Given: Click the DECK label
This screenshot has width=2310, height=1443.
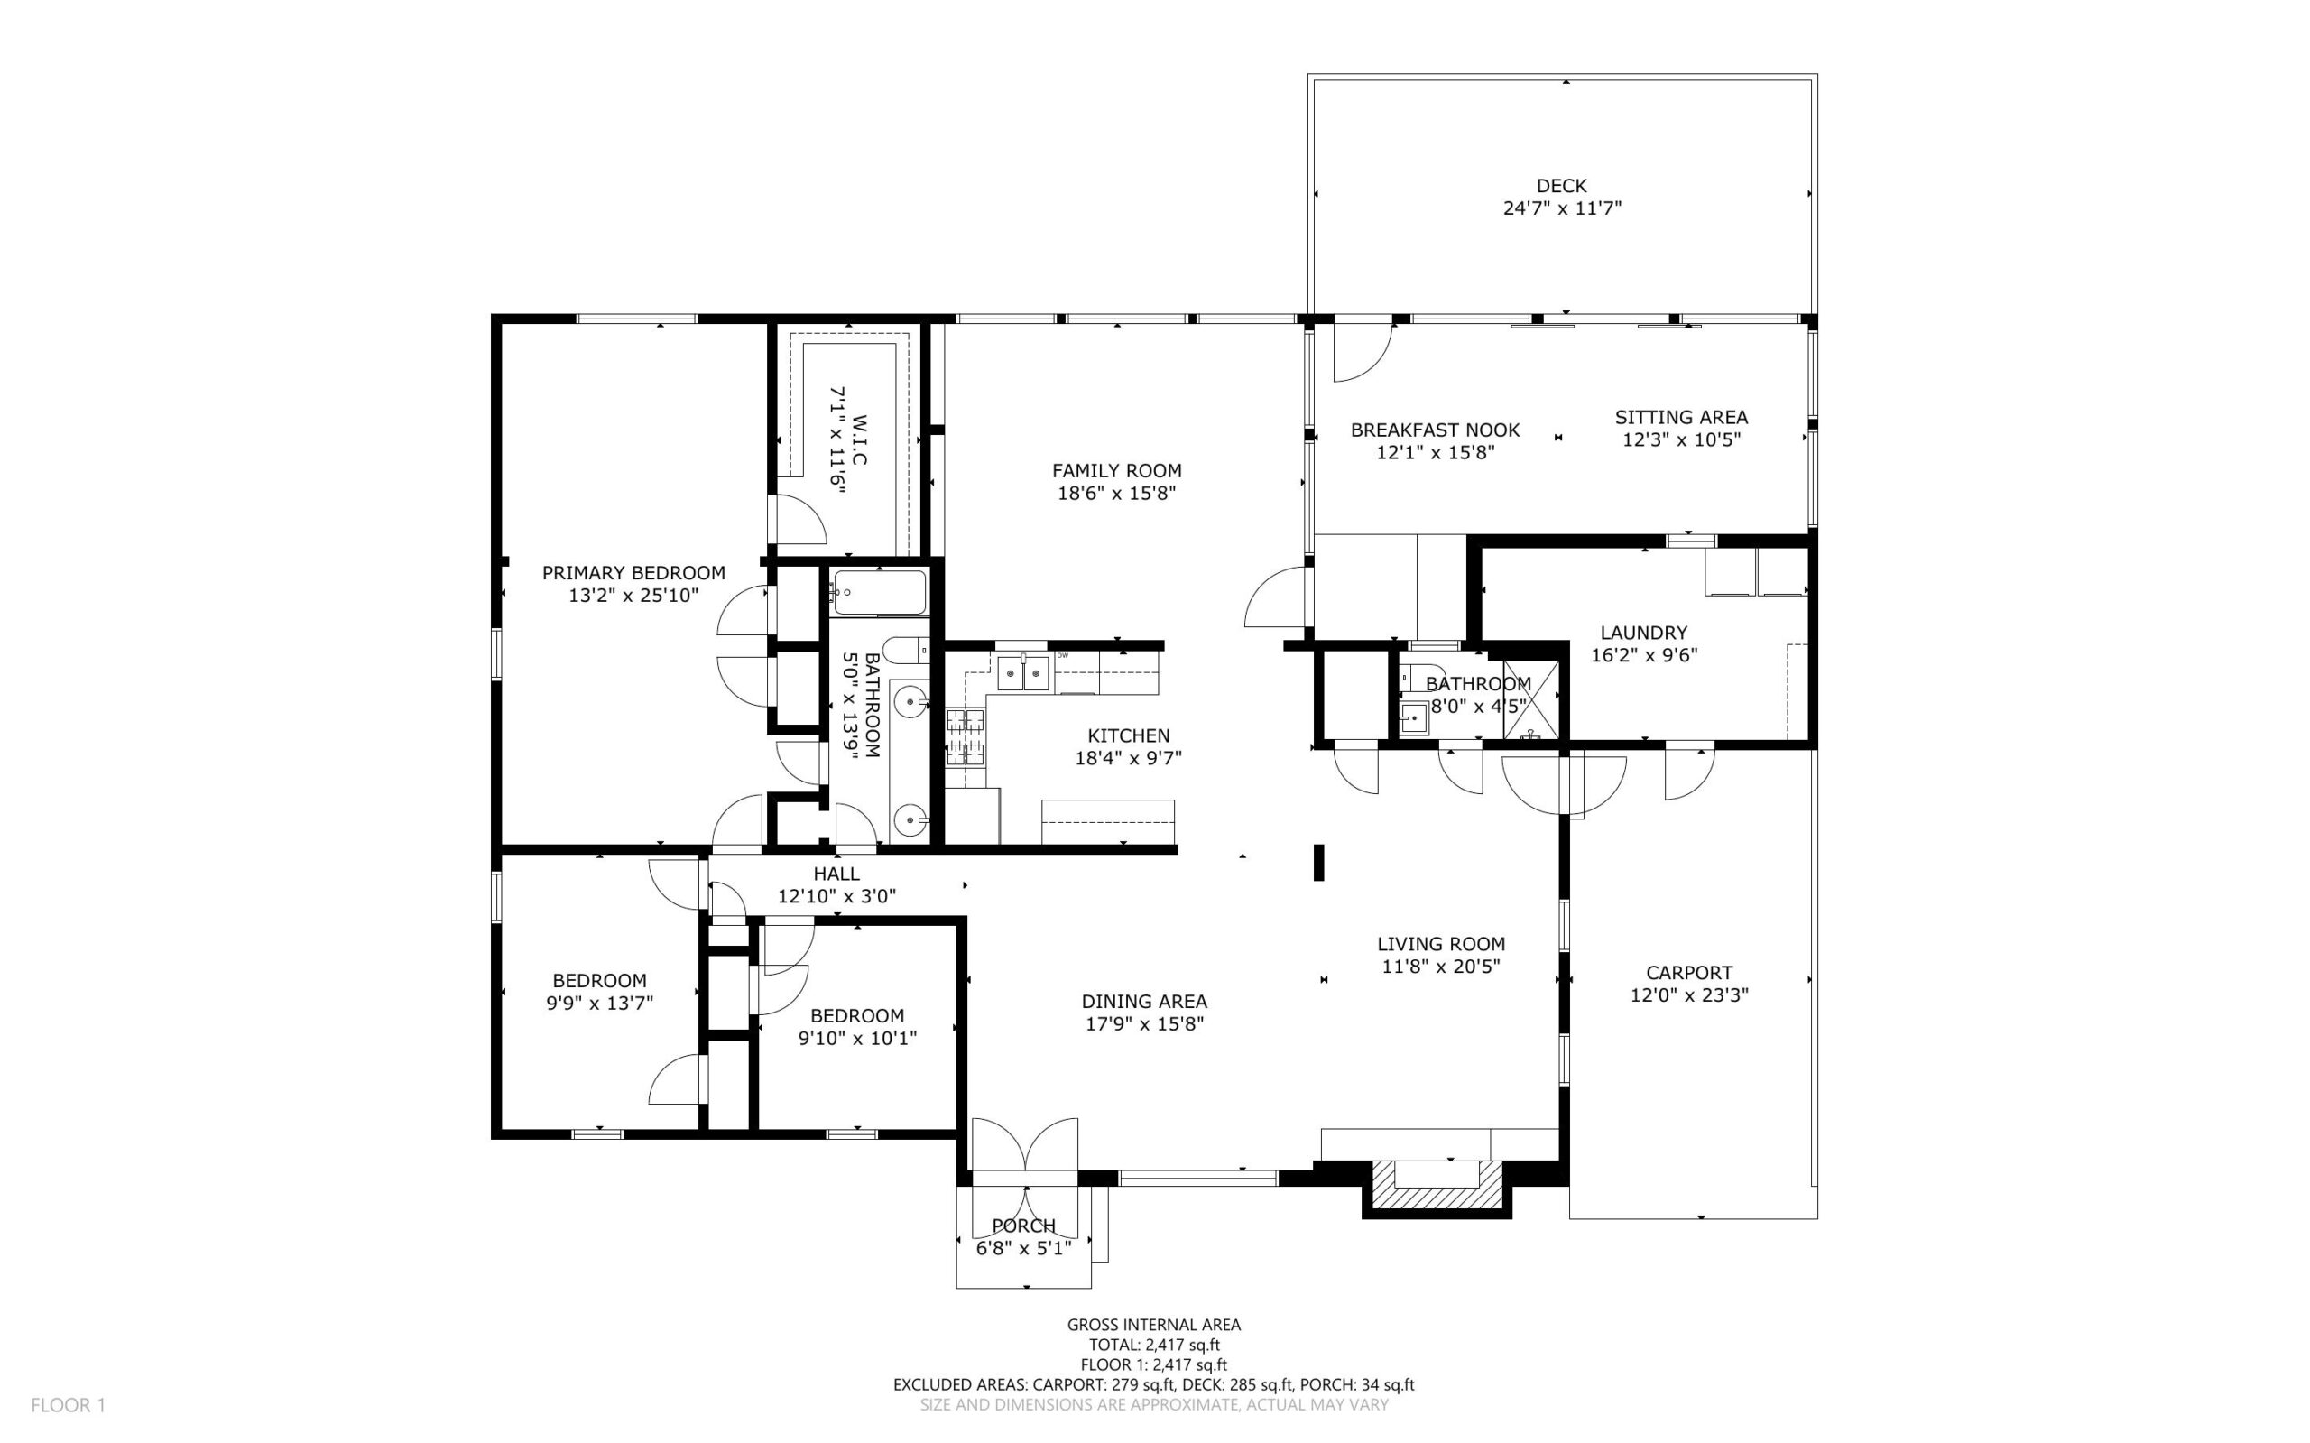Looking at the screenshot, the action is click(1561, 186).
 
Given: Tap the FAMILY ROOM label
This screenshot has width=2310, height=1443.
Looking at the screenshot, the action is click(1116, 470).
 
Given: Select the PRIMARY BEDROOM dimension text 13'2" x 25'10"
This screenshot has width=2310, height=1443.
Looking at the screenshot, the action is click(633, 596).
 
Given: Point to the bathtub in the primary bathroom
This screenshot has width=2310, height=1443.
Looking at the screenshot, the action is click(878, 593).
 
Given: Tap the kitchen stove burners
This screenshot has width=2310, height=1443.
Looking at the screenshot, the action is click(965, 737).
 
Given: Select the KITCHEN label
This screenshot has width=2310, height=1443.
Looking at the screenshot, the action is click(1129, 735).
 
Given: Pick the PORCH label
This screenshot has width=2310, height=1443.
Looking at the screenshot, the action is click(1024, 1226).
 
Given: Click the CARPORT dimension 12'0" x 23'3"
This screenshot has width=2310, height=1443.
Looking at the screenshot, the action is click(1689, 995).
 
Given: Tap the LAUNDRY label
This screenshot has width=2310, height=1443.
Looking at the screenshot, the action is click(1644, 633).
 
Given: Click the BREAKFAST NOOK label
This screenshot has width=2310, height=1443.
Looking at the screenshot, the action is click(1435, 430).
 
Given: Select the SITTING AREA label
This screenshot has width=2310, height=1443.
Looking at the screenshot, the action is click(1681, 417).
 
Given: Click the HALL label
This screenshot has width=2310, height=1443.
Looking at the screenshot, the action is click(836, 874).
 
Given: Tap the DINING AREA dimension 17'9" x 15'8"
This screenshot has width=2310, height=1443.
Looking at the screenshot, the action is click(1145, 1024).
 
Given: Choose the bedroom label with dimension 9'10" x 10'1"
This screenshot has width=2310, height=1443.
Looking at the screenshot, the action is click(858, 1016).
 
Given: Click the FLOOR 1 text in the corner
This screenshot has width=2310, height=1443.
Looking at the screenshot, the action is click(69, 1405).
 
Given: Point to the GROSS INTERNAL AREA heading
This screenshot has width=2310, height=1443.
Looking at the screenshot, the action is click(1153, 1325).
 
